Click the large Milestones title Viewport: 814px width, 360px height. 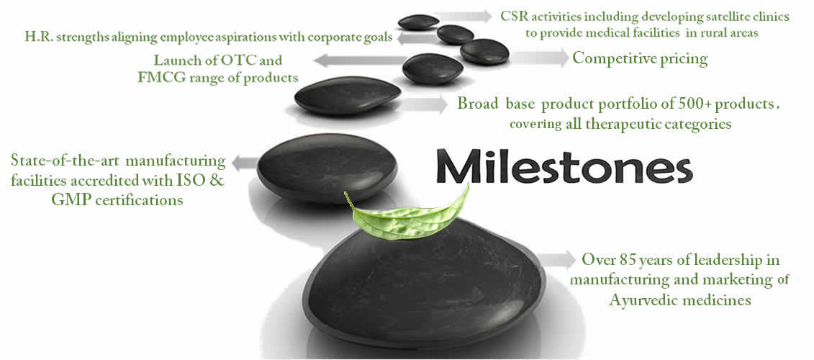[x=564, y=165]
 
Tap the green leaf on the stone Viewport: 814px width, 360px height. [x=407, y=215]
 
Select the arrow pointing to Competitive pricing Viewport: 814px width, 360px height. [x=540, y=58]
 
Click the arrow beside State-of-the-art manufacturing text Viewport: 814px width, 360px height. [x=244, y=163]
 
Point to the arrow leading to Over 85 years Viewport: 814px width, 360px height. [x=556, y=259]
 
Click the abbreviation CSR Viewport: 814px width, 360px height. [x=512, y=17]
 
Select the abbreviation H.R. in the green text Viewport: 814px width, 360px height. [x=37, y=37]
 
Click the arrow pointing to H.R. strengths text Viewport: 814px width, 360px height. [x=416, y=38]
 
